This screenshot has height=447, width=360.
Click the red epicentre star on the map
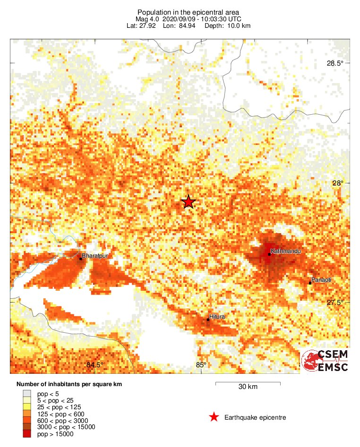[x=189, y=202]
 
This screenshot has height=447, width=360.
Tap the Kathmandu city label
[x=286, y=251]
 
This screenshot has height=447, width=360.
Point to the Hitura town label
[x=217, y=316]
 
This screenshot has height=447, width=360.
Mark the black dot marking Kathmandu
[x=269, y=254]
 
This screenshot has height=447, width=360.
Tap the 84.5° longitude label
[x=95, y=364]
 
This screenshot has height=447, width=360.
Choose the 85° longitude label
[x=202, y=364]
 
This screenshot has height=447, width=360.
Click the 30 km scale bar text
[x=248, y=387]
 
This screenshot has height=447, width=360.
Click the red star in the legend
[x=214, y=417]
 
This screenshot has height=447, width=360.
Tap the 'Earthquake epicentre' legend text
[x=255, y=417]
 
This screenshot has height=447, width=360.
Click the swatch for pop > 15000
[x=27, y=434]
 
